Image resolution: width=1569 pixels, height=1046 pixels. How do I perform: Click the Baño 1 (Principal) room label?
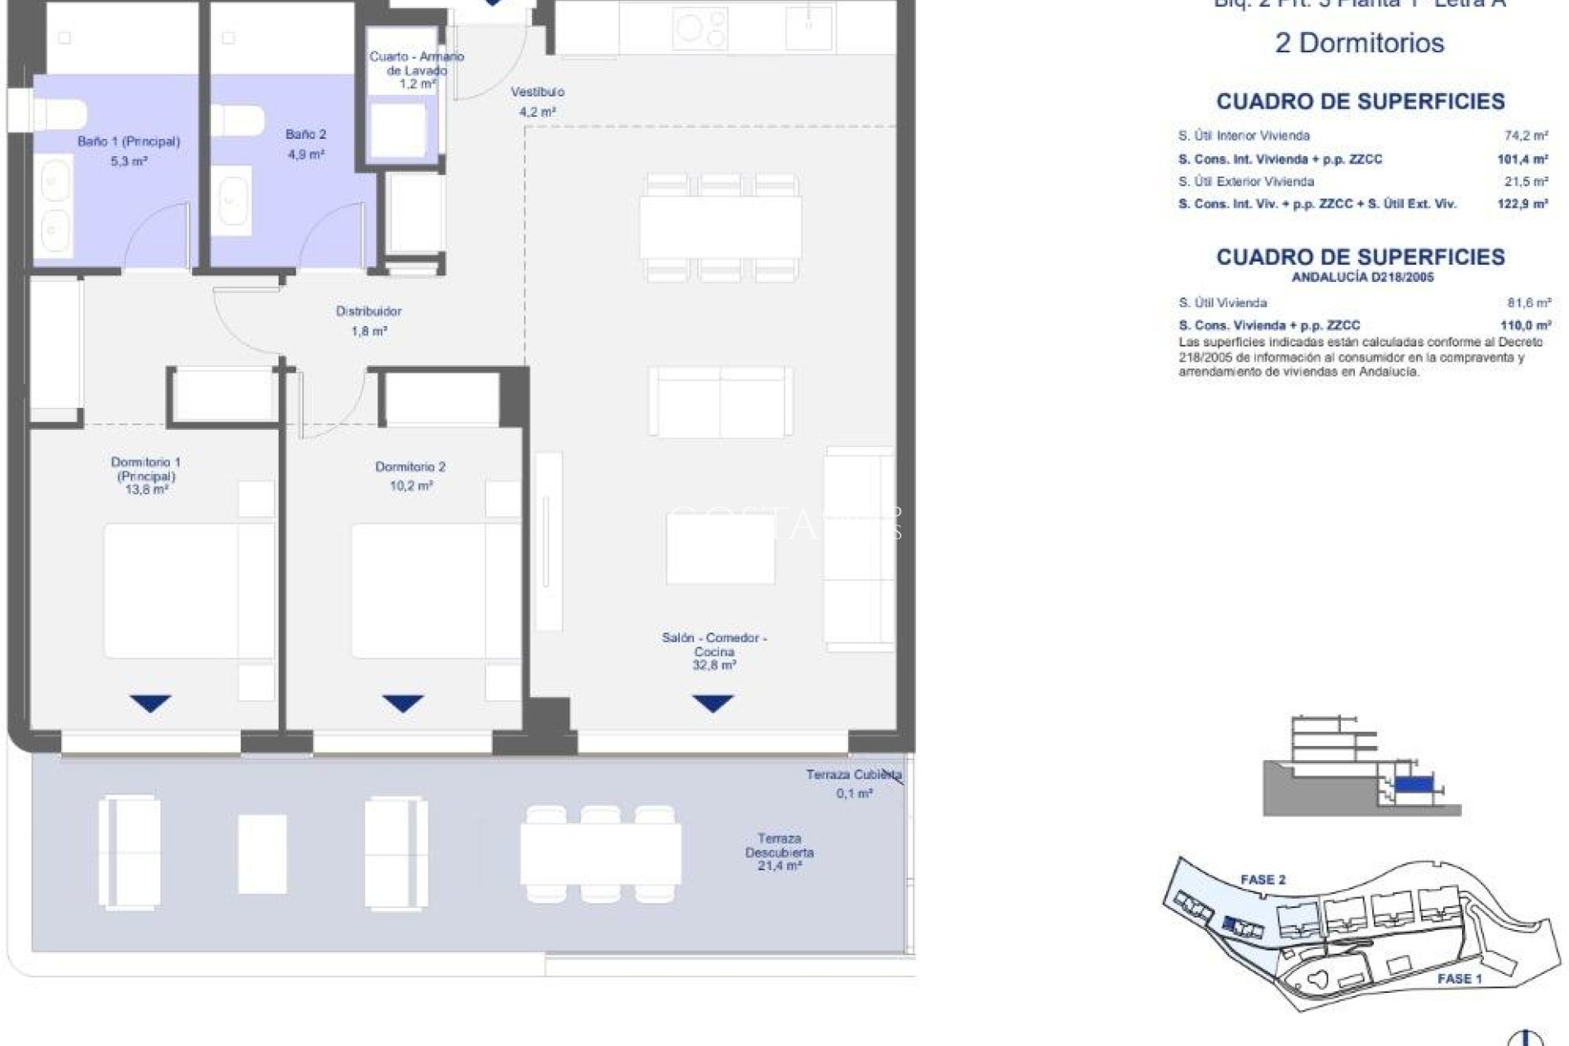[x=128, y=141]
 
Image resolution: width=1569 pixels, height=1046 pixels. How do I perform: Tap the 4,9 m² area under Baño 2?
[x=306, y=154]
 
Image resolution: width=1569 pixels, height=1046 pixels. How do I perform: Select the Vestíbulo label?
[x=537, y=92]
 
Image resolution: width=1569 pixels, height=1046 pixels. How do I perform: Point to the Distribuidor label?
[x=369, y=311]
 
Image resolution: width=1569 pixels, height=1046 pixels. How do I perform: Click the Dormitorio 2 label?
[x=410, y=467]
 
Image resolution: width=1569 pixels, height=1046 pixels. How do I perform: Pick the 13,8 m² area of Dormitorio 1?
[x=146, y=489]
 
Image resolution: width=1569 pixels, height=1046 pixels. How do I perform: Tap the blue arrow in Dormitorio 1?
[x=150, y=703]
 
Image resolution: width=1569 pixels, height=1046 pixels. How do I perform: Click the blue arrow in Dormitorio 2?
[x=403, y=703]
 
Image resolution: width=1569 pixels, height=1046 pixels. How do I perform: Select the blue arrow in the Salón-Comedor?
[x=713, y=703]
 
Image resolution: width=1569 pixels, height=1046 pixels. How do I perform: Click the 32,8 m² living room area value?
[x=713, y=665]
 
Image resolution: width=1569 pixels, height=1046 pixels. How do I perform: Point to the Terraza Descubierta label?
[x=779, y=845]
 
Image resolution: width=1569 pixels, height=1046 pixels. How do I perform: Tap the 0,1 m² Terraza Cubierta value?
[x=854, y=793]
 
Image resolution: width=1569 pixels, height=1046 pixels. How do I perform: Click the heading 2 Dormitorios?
[x=1359, y=42]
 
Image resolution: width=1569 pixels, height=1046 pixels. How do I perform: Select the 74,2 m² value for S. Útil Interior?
[x=1526, y=136]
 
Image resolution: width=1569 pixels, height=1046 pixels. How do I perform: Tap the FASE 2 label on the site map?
[x=1263, y=880]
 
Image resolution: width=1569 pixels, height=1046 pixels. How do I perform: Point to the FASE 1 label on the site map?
[x=1459, y=978]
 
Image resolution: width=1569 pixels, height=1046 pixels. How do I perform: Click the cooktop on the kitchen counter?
[x=700, y=29]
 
